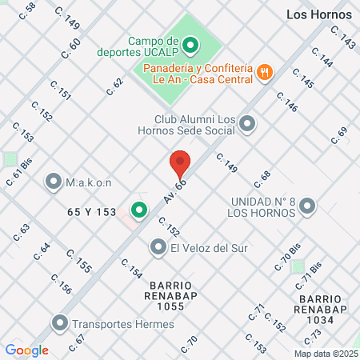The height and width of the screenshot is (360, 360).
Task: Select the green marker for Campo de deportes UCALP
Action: point(190,45)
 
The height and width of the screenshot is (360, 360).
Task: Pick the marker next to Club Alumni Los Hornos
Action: point(247,124)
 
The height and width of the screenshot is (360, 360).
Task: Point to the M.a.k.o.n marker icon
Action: point(54,182)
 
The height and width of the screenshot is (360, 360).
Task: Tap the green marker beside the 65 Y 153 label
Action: point(139,210)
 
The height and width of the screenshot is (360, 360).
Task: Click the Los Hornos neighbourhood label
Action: point(319,14)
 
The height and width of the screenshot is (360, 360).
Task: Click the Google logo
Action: point(27,350)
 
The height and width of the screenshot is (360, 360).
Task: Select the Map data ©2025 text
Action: point(324,354)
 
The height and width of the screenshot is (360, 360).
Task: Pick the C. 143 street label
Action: point(344,38)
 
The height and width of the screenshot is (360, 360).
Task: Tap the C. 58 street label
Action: point(30,9)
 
